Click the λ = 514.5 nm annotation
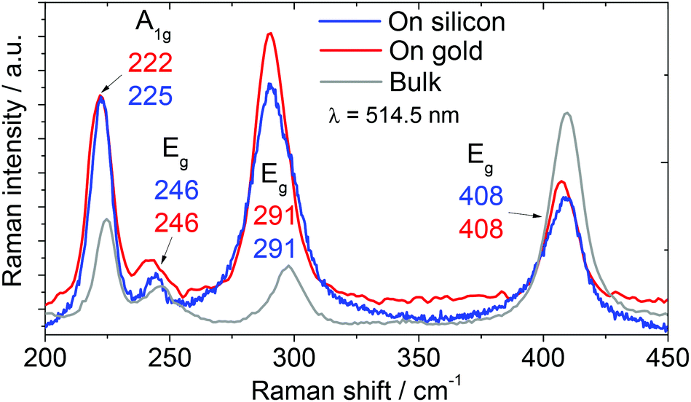tap(392, 114)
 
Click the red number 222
tap(150, 66)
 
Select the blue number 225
tap(150, 95)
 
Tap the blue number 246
tap(176, 192)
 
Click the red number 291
tap(274, 217)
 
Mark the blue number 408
tap(480, 197)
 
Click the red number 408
tap(480, 228)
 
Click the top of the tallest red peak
tap(270, 33)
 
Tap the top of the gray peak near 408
tap(566, 113)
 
